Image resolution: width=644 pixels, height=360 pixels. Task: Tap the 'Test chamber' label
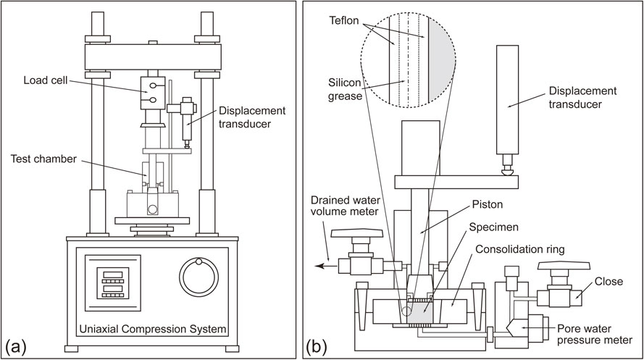43,159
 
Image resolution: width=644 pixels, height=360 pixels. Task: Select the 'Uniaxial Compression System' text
152,329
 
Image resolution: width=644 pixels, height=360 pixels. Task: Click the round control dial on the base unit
198,277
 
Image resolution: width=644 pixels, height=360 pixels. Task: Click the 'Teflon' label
344,21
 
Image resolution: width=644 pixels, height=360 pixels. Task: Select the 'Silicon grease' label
344,90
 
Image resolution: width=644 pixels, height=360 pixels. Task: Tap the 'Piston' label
488,204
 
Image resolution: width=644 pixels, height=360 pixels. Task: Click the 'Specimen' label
493,227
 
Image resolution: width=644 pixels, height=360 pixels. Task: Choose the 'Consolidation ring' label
520,250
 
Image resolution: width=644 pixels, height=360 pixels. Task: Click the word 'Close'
609,282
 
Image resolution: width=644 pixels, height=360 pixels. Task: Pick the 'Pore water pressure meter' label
594,334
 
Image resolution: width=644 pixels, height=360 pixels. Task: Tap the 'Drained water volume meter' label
345,206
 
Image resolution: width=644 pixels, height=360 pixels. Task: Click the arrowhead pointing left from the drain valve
319,266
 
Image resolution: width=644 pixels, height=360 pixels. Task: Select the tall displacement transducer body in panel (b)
507,100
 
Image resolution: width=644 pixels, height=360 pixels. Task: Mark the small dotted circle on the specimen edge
406,311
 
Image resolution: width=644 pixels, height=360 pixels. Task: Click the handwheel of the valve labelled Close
564,267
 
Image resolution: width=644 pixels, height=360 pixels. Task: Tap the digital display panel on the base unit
113,283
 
